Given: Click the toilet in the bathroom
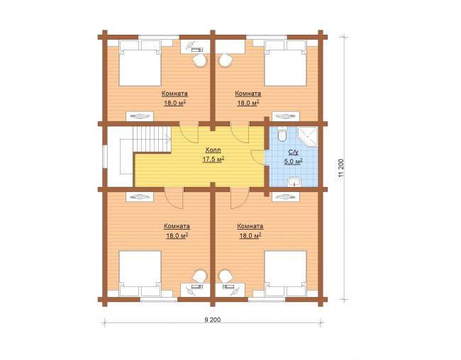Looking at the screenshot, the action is tap(282, 134).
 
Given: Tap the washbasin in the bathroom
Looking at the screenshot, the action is tap(294, 182).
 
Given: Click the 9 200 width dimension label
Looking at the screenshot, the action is tap(213, 320).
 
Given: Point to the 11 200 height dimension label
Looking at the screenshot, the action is tap(341, 168).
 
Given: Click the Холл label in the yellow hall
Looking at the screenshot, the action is tap(213, 150).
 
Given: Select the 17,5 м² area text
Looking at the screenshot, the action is tap(213, 159).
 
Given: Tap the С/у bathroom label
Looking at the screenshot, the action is tap(294, 152).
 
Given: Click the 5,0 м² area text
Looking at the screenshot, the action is tap(294, 162).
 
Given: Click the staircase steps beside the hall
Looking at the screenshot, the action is tap(152, 140).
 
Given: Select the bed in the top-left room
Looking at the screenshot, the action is tap(140, 63).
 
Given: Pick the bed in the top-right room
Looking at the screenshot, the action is tap(286, 63).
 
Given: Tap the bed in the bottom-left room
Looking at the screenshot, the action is tap(140, 274).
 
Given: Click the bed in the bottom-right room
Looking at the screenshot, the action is tap(286, 274).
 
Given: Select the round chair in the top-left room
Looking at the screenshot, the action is tap(200, 61).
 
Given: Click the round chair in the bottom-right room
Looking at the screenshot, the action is tap(226, 276).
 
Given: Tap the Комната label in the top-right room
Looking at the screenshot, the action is tap(248, 94).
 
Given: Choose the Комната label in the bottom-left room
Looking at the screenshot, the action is tap(177, 227).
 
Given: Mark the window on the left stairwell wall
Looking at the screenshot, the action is tap(105, 157).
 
